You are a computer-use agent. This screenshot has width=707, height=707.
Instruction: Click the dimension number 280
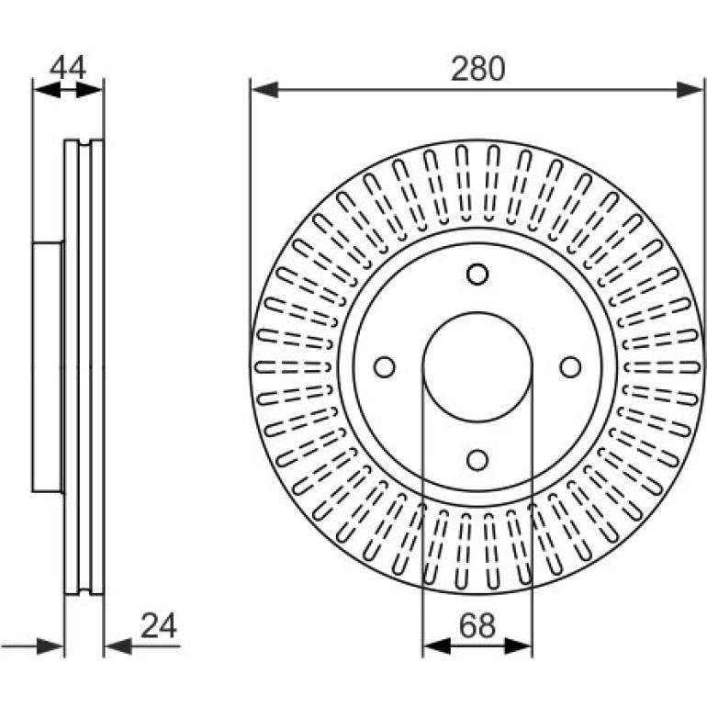[x=478, y=69]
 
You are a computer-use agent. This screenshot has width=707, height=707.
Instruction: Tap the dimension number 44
[x=68, y=68]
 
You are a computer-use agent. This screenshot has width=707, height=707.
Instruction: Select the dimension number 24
[x=159, y=626]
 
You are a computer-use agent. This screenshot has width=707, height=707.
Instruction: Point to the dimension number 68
[x=477, y=626]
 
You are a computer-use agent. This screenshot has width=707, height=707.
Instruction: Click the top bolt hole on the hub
[x=477, y=275]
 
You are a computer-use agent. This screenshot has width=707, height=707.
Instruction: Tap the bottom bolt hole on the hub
[x=477, y=460]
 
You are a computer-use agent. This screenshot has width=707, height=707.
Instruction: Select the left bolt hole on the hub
[x=384, y=367]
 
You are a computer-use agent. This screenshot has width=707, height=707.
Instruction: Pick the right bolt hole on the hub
[x=570, y=367]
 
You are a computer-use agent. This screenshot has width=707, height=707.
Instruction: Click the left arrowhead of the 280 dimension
[x=264, y=89]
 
